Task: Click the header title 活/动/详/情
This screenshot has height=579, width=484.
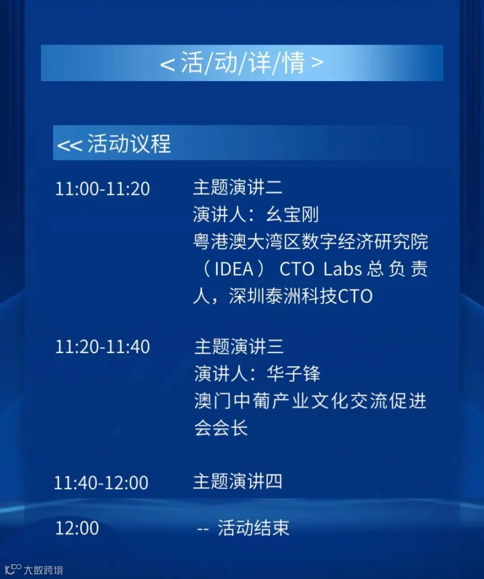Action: coord(243,62)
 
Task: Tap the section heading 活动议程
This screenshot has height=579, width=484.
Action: coord(129,144)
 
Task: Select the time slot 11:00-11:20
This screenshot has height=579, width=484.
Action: coord(102,189)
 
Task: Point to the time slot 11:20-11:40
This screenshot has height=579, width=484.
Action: coord(102,347)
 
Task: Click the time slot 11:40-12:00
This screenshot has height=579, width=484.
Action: coord(101,483)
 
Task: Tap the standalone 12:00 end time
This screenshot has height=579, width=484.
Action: coord(77,528)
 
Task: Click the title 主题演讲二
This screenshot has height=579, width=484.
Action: coord(238,187)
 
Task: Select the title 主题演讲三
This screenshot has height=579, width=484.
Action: coord(239,346)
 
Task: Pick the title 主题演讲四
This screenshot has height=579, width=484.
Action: coord(238,482)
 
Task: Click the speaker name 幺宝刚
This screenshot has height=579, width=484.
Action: coord(292,215)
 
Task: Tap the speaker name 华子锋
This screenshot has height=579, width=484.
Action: coord(294,374)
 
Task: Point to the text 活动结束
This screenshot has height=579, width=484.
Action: coord(253,528)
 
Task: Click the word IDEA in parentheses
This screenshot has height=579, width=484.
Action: coord(234,269)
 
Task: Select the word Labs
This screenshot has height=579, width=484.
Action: coord(343,269)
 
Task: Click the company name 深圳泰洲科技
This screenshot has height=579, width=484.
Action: coord(283,296)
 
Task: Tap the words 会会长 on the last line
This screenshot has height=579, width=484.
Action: coord(221,428)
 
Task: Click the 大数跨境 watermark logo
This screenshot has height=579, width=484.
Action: coord(34,569)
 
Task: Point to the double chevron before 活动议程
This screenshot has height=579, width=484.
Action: coord(69,145)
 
